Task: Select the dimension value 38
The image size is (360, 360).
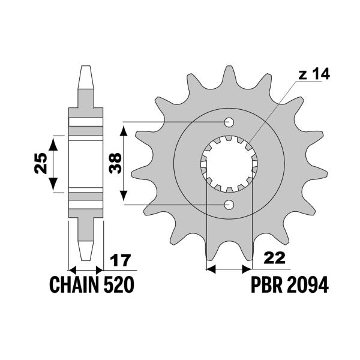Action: click(x=115, y=163)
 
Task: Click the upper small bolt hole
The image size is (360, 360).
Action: click(x=229, y=122)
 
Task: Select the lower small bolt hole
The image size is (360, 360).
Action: click(x=229, y=205)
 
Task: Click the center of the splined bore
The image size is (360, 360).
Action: click(x=229, y=164)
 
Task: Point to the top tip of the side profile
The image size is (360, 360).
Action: click(x=86, y=67)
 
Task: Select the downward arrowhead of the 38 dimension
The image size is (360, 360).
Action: click(x=124, y=199)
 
